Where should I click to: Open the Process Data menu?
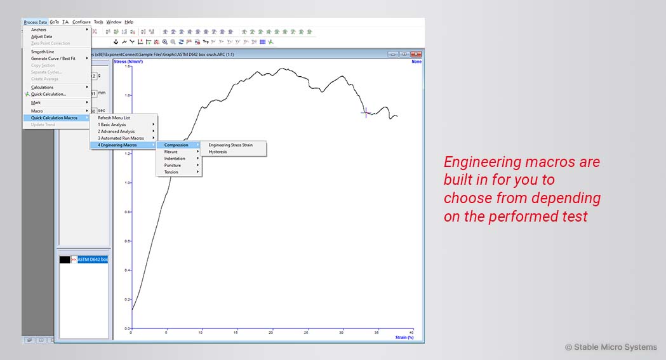click(35, 22)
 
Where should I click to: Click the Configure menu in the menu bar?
click(81, 22)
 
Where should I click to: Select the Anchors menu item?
click(39, 30)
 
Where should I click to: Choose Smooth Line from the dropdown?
click(43, 51)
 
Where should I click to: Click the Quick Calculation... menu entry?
click(48, 94)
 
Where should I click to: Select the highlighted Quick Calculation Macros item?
click(54, 117)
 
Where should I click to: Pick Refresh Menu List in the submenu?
click(114, 117)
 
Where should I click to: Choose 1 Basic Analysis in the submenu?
click(112, 124)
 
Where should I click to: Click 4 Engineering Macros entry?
click(117, 145)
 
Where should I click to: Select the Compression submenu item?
click(176, 145)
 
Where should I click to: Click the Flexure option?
click(171, 152)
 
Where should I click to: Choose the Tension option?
click(171, 172)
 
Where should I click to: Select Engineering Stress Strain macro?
click(230, 145)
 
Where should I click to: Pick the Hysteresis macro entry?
click(217, 152)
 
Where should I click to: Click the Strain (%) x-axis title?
click(404, 337)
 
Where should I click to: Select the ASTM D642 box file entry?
click(93, 260)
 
